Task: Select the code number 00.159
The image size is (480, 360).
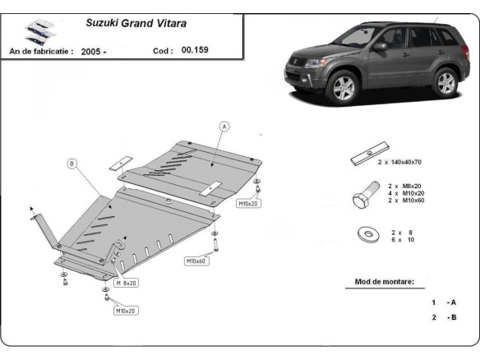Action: coord(195,51)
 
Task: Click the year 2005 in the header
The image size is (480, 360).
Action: coord(91,51)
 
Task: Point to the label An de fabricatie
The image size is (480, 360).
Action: coord(40,51)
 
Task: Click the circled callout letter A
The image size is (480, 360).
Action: coord(224,126)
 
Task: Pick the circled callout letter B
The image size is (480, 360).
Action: coord(72,164)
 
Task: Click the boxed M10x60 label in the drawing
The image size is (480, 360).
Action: coord(196,261)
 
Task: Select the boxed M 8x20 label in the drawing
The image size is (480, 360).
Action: coord(127,282)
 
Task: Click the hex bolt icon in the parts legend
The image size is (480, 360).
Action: coord(363,197)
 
